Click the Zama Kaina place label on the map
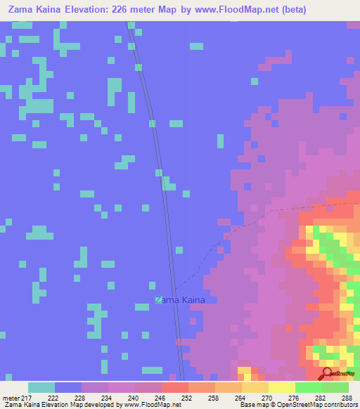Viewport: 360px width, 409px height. [x=181, y=300]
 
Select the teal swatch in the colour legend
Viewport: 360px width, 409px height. [x=41, y=387]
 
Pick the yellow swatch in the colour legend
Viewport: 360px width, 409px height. [x=281, y=387]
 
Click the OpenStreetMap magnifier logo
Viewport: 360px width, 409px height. [x=327, y=373]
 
